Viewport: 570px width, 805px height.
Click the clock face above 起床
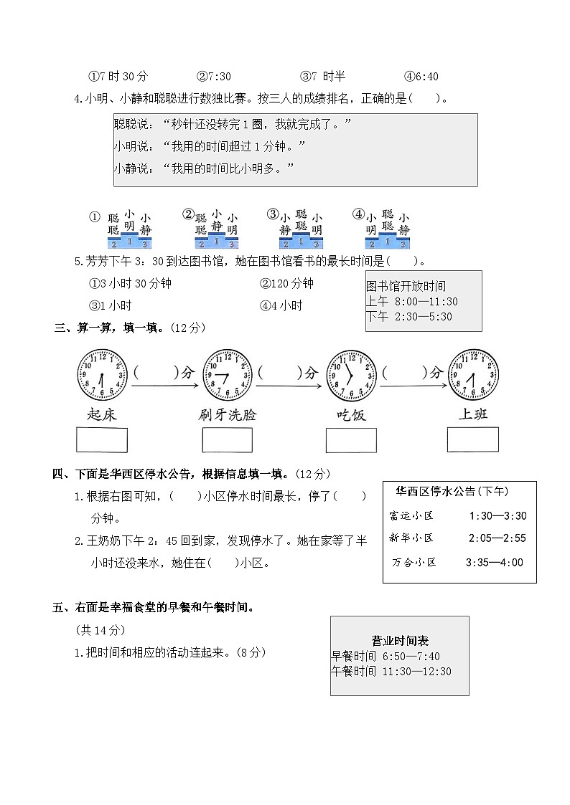[x=102, y=375]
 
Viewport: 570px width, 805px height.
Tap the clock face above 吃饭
[x=351, y=375]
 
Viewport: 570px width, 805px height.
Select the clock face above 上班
[x=473, y=375]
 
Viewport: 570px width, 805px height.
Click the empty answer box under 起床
[x=102, y=440]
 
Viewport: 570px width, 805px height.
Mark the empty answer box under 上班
[x=472, y=440]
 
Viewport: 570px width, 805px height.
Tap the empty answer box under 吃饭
[x=351, y=441]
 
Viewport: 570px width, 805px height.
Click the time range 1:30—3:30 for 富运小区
[x=497, y=515]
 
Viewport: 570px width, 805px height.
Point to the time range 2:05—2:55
[x=497, y=538]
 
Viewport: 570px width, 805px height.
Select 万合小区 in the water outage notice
[x=414, y=563]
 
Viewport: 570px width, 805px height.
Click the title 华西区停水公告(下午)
[x=452, y=492]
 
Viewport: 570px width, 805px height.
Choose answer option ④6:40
[x=421, y=77]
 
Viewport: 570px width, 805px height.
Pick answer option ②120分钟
[x=286, y=283]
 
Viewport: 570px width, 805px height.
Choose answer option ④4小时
[x=281, y=306]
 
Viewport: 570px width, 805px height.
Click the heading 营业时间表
[x=400, y=641]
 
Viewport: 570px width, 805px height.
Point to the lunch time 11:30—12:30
[x=416, y=672]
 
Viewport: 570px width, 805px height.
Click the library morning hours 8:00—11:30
[x=424, y=302]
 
